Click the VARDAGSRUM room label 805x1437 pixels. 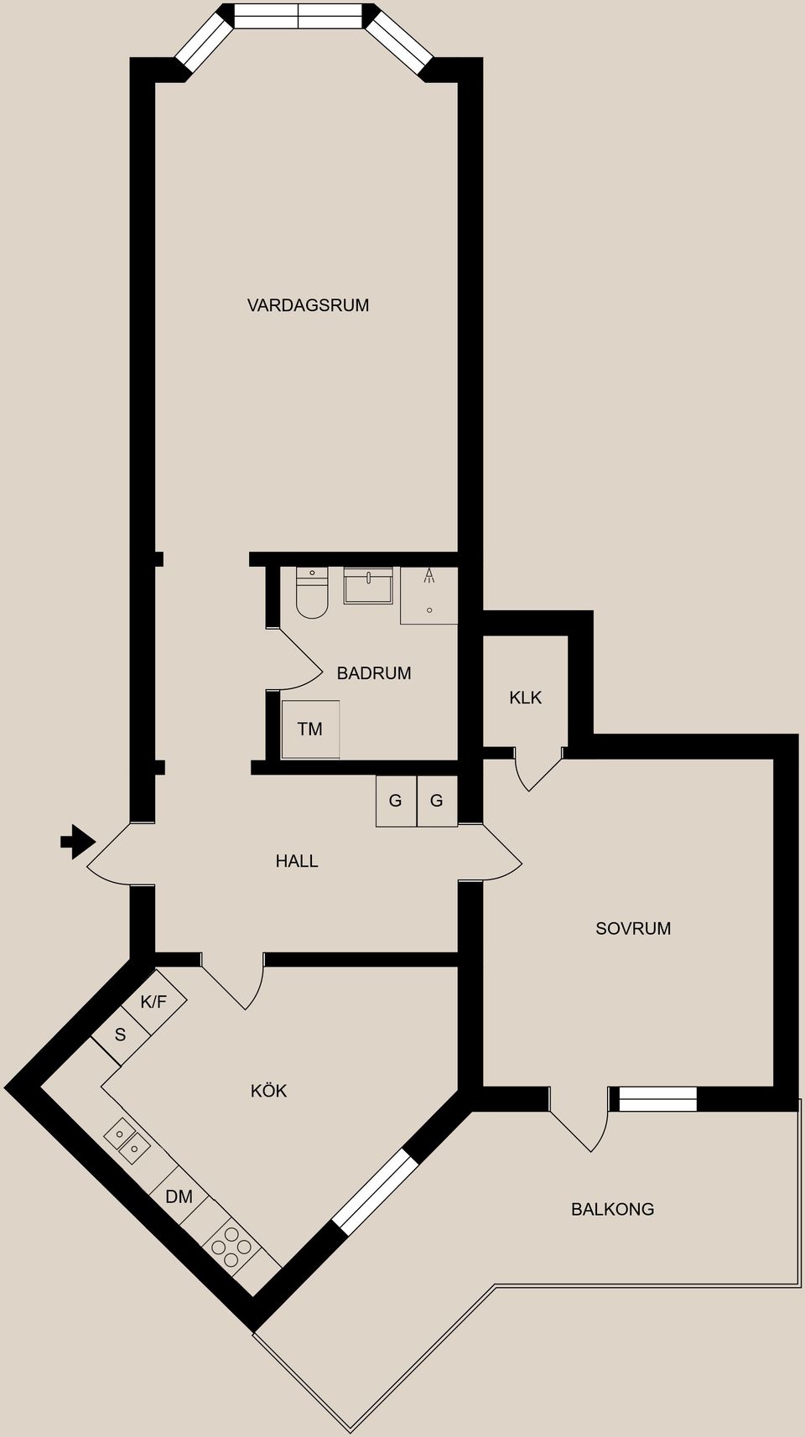(x=308, y=305)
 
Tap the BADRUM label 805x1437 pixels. (x=374, y=673)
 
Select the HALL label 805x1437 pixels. (x=297, y=861)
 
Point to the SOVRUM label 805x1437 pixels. (x=633, y=928)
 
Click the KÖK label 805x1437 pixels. (x=269, y=1091)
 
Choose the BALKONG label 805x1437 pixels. (x=612, y=1209)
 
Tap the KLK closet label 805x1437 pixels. (x=526, y=698)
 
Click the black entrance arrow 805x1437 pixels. (x=77, y=842)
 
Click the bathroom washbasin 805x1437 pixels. (x=368, y=585)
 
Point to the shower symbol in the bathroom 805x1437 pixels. (x=429, y=595)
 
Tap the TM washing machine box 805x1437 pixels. (x=310, y=729)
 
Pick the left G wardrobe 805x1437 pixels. (x=396, y=802)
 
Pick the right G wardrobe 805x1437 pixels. (x=437, y=802)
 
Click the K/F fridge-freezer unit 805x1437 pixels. (x=154, y=1002)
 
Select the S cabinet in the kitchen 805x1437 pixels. (x=121, y=1035)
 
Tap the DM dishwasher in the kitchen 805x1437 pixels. (x=179, y=1197)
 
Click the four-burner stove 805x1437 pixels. (x=231, y=1241)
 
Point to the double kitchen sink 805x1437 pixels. (x=127, y=1142)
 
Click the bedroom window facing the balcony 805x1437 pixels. (x=657, y=1098)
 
